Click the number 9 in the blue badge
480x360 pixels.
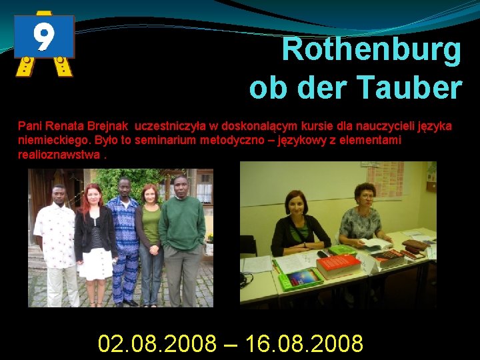tap(44, 37)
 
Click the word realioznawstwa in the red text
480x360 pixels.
tap(59, 155)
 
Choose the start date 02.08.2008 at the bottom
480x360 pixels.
tap(157, 344)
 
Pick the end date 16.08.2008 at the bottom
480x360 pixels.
tap(304, 344)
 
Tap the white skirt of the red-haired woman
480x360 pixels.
tap(95, 263)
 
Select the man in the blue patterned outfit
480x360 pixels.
tap(124, 240)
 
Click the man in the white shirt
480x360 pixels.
tap(55, 240)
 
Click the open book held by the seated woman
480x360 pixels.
tap(377, 244)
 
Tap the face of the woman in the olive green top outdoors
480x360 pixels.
tap(151, 196)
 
